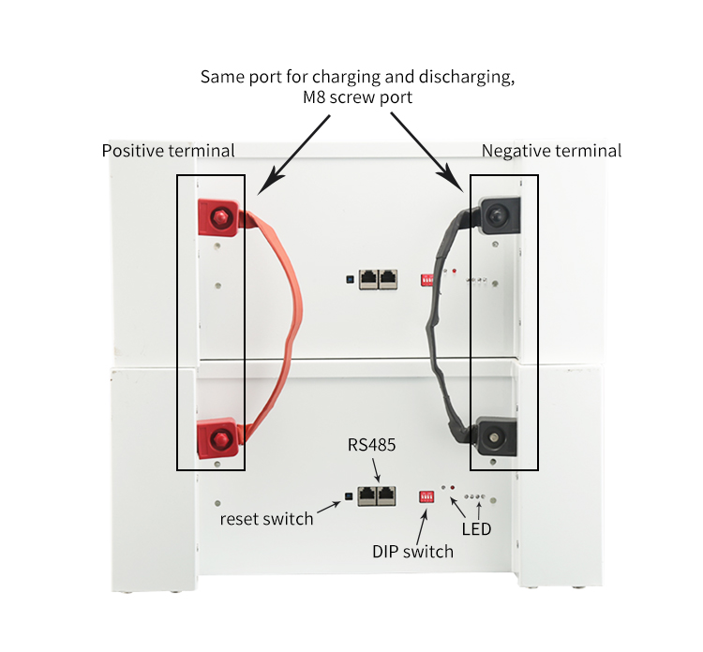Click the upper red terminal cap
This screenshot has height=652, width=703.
tap(218, 217)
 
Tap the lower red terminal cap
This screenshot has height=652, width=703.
tap(217, 438)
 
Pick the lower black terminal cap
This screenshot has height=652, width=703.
tap(496, 437)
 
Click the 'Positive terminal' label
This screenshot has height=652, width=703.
tap(168, 151)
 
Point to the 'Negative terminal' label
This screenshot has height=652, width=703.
tap(551, 151)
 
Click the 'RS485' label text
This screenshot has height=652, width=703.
tap(372, 445)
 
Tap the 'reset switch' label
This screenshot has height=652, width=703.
tap(266, 518)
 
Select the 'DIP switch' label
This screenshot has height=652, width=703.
tap(413, 551)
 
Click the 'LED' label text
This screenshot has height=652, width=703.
tap(476, 529)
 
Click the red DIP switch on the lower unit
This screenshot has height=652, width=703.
tap(426, 496)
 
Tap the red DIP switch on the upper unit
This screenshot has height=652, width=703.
tap(426, 280)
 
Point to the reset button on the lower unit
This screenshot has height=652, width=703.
tap(349, 496)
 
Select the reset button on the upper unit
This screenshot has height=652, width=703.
tap(350, 279)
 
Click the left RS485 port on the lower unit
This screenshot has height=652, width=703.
tap(367, 496)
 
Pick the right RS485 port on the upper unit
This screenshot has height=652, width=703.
tap(388, 279)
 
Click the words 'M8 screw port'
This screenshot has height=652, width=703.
tap(357, 97)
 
